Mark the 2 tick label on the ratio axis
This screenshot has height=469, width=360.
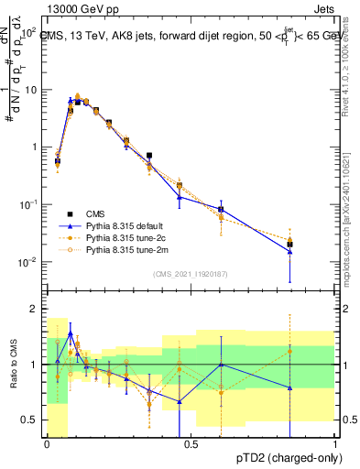coord(35,310)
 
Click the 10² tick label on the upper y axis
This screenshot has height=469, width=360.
coord(30,31)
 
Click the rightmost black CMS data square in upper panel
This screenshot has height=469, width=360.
coord(289,244)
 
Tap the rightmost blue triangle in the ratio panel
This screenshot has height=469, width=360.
coord(289,387)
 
